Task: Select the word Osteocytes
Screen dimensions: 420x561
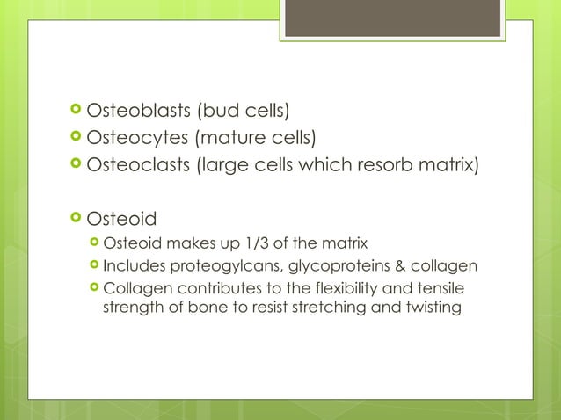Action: coord(136,138)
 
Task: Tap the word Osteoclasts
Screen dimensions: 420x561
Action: coord(138,164)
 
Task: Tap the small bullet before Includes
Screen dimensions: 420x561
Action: coord(94,265)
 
